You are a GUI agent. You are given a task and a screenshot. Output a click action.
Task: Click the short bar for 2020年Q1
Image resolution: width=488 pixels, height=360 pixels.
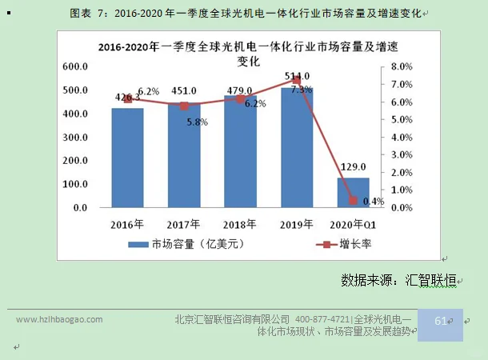[x=353, y=192]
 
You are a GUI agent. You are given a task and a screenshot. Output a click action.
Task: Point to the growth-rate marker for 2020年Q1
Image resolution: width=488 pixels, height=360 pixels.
[x=353, y=200]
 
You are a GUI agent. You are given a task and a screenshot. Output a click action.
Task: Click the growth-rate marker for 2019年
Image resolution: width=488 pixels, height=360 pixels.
[x=297, y=80]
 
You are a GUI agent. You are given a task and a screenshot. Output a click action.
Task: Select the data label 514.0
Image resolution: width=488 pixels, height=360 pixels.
[x=297, y=74]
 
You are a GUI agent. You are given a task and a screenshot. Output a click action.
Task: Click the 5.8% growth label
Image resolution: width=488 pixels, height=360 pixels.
[x=197, y=122]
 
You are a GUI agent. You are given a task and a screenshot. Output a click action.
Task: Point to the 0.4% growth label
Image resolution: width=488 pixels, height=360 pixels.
[x=373, y=201]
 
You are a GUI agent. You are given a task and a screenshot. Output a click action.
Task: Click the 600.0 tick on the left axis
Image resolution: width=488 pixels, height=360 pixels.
[x=75, y=66]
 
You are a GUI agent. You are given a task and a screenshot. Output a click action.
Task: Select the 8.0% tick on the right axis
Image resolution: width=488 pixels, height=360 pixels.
[x=402, y=66]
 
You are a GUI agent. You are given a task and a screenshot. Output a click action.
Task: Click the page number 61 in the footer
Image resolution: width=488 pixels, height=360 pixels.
[x=440, y=320]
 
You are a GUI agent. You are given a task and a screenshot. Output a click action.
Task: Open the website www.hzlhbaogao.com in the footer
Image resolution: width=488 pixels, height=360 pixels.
[x=60, y=319]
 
